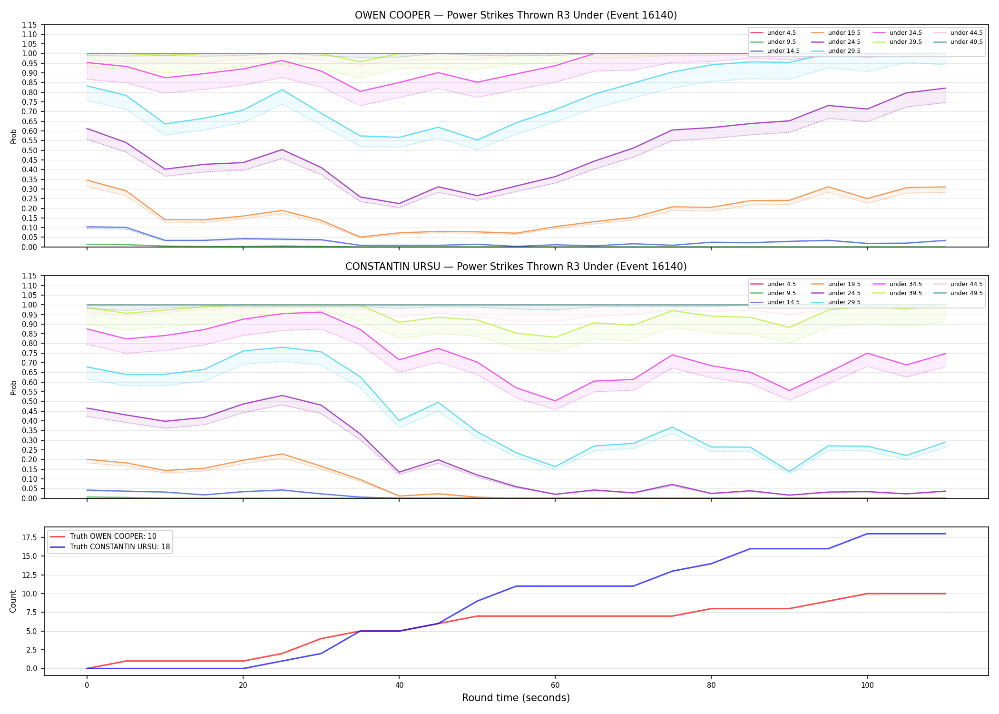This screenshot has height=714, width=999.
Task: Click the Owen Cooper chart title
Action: (x=516, y=15)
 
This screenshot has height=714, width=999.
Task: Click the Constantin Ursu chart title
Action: (x=516, y=267)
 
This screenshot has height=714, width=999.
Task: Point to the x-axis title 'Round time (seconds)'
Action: (x=516, y=698)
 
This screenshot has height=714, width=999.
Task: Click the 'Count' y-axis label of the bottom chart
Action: (x=13, y=601)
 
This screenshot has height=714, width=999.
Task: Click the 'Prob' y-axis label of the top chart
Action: (x=14, y=136)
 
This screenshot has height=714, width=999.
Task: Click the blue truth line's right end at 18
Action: (x=945, y=534)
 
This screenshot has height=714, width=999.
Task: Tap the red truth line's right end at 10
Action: (x=945, y=594)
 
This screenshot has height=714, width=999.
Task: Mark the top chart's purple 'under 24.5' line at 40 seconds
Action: (x=399, y=204)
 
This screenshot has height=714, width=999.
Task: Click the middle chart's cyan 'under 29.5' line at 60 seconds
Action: (x=555, y=467)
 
